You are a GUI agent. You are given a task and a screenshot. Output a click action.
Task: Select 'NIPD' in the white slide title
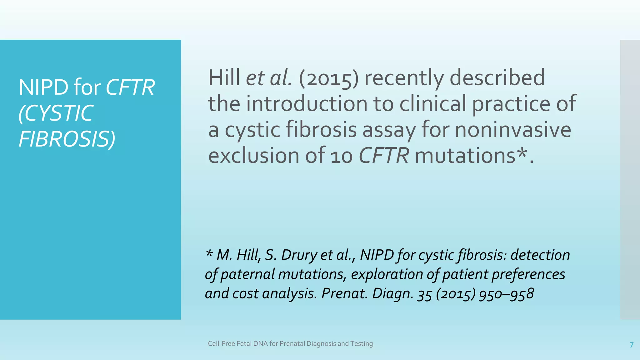coord(43,87)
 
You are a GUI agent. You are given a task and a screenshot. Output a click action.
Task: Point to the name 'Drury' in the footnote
coord(299,255)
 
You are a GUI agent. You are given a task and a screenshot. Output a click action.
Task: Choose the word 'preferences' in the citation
coord(528,274)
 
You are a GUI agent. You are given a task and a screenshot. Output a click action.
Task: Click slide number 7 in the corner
coord(632,345)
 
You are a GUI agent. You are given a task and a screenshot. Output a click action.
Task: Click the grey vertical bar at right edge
coord(630,180)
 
